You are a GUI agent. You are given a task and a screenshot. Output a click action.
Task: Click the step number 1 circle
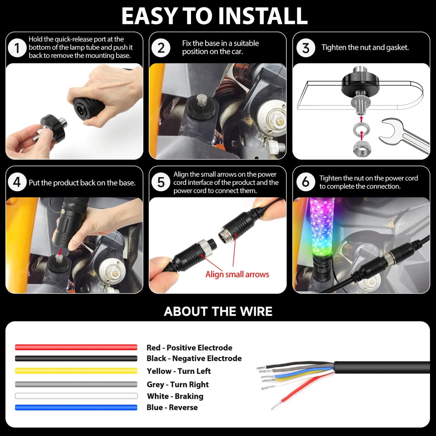tap(17, 48)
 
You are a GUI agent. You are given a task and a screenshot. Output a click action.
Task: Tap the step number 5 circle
tap(161, 182)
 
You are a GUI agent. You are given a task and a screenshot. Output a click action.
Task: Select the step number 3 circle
tap(306, 48)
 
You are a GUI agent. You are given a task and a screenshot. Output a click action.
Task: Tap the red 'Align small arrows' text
tap(237, 274)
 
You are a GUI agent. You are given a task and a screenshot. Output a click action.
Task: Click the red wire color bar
tap(76, 347)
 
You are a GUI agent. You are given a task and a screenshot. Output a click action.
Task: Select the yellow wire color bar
tap(76, 371)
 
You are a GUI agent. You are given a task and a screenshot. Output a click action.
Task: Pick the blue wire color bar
tap(76, 408)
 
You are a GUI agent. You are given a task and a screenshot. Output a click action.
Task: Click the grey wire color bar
tap(76, 384)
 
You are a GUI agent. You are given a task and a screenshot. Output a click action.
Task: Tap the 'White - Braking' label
tap(175, 396)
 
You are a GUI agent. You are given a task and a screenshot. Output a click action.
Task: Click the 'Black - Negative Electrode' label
tap(194, 358)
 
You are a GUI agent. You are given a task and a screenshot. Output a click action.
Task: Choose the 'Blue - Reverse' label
tap(172, 407)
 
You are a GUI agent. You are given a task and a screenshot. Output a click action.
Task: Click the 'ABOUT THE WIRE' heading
tap(218, 311)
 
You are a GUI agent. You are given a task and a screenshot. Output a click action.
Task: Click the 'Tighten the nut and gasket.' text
tap(365, 48)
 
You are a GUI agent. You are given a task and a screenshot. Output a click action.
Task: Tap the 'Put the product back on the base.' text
tap(82, 183)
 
